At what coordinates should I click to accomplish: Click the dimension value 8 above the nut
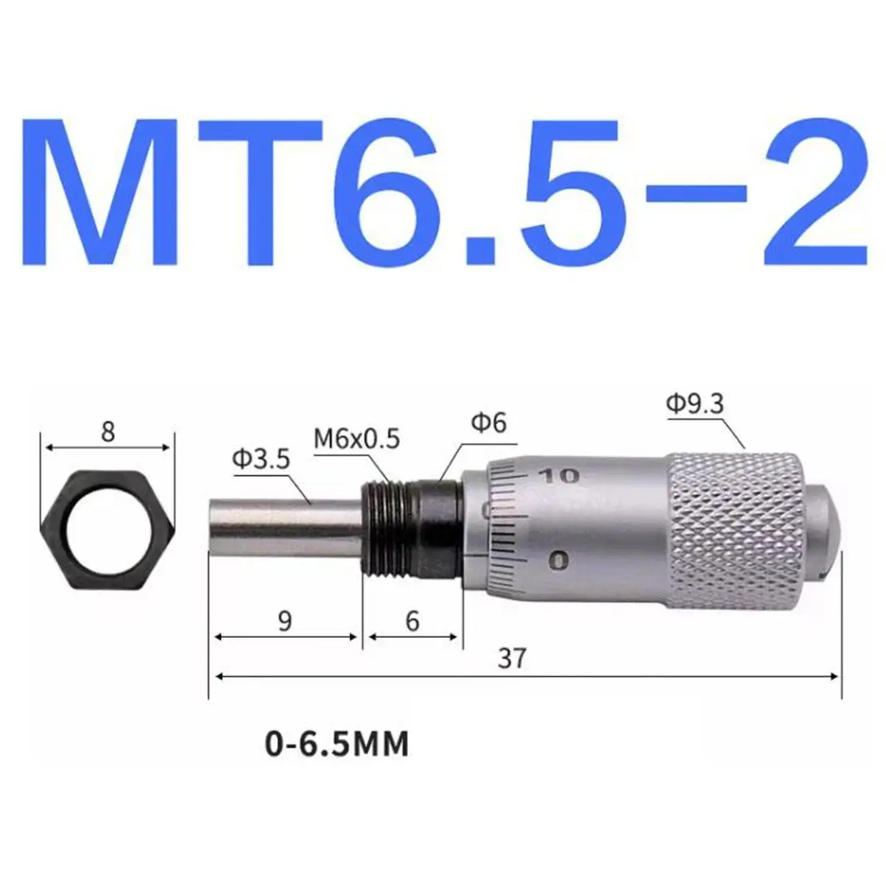(x=108, y=432)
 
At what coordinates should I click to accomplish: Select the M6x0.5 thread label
(x=356, y=439)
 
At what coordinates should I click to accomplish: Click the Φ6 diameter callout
(x=489, y=422)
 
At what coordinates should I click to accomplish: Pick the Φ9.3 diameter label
(x=695, y=404)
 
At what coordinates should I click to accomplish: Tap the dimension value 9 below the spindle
(x=285, y=621)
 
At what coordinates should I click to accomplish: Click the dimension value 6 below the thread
(x=412, y=621)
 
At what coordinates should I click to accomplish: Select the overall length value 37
(x=511, y=658)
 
